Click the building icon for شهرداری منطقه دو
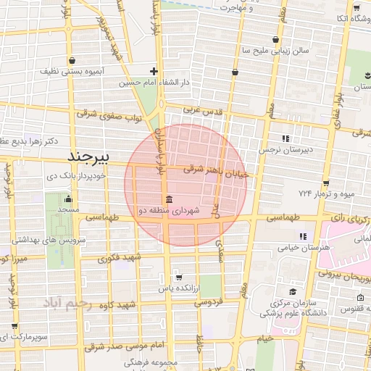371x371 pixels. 169,200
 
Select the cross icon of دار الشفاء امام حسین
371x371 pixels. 154,71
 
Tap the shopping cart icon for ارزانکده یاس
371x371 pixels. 178,277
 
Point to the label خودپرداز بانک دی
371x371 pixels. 77,176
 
